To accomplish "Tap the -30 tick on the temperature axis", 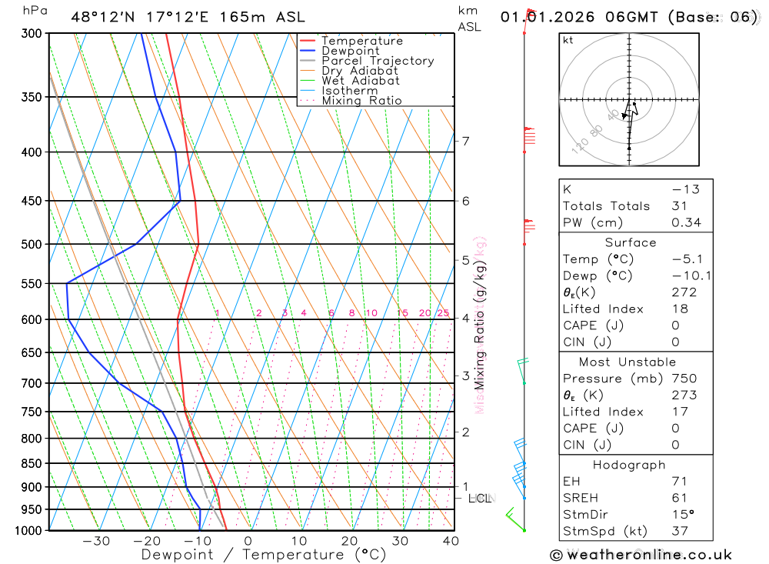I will tap(96, 542).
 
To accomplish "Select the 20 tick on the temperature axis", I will tap(349, 542).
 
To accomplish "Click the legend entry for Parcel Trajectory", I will tap(378, 61).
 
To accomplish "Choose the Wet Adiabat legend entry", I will tap(361, 81).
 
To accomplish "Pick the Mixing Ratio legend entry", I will tap(361, 101).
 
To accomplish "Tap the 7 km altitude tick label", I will tap(466, 141).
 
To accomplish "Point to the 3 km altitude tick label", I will tap(466, 376).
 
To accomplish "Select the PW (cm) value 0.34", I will tap(685, 223).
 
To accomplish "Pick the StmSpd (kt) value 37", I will tap(680, 531).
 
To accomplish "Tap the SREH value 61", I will tap(680, 498).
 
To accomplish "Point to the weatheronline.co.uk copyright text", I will tap(641, 555).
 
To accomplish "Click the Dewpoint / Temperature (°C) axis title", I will tap(264, 555).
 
